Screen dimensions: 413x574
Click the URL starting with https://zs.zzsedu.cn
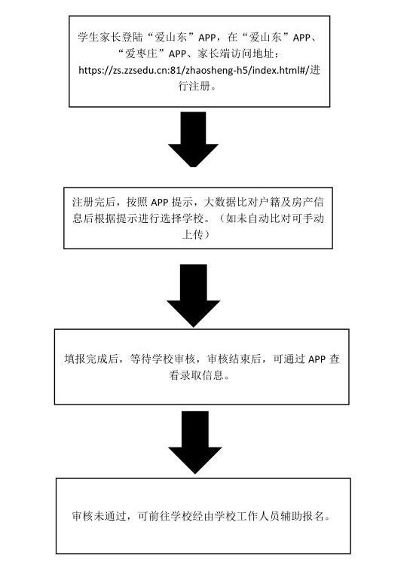(194, 70)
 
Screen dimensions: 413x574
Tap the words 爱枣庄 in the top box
(142, 53)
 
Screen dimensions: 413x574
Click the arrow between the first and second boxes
(194, 139)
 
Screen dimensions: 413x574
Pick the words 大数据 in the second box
(219, 202)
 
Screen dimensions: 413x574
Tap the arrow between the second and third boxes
(194, 295)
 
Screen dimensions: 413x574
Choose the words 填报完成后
(91, 359)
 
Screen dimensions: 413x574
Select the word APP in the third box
(317, 359)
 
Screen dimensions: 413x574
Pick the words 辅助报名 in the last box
(302, 516)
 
